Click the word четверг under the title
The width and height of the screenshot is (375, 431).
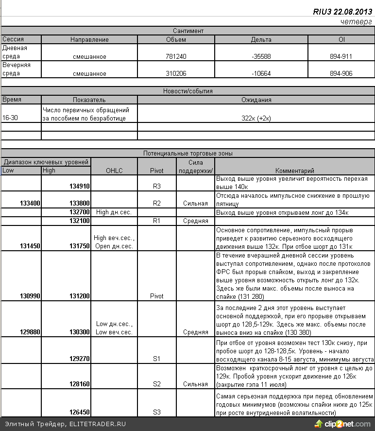356,22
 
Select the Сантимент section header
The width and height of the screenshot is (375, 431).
188,31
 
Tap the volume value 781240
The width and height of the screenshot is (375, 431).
176,56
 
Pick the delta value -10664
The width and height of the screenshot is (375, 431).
261,74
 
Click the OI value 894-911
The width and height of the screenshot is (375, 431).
341,56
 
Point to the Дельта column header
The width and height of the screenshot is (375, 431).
261,39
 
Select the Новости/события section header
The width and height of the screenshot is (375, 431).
188,91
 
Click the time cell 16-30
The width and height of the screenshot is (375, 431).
10,118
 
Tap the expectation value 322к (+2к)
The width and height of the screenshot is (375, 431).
256,118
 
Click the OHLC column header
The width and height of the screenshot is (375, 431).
115,171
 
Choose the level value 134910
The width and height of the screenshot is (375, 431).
79,186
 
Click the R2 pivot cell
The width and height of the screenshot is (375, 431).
157,203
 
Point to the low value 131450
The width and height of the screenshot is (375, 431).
30,246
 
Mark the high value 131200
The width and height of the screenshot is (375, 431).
79,296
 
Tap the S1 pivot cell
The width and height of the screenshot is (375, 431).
157,359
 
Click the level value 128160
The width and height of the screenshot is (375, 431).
79,384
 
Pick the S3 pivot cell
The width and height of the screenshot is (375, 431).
157,412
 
